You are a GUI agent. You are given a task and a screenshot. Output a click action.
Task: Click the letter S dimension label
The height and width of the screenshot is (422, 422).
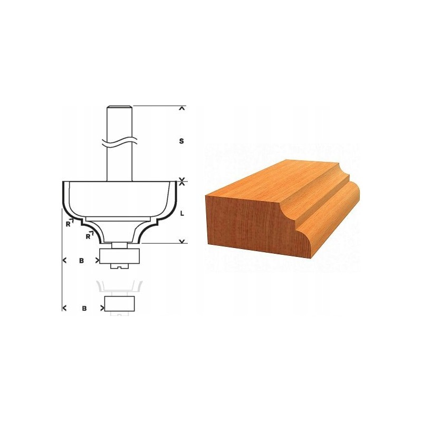click(x=181, y=141)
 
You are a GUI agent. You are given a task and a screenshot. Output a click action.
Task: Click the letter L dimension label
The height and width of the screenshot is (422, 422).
click(x=182, y=214)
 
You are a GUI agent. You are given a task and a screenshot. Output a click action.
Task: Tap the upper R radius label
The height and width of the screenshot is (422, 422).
click(x=69, y=224)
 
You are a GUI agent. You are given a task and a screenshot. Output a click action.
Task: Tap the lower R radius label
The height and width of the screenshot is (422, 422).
click(x=88, y=236)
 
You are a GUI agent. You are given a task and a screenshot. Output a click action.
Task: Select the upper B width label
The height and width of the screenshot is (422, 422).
click(x=81, y=261)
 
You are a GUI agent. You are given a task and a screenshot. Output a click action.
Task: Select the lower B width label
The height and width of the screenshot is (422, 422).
click(x=84, y=308)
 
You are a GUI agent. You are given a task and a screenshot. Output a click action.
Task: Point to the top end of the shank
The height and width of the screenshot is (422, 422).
click(x=120, y=106)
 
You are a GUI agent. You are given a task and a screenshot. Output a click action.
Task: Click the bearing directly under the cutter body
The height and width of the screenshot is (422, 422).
click(x=120, y=256)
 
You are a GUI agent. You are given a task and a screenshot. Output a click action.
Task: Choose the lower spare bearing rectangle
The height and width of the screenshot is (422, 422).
click(x=120, y=304)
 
